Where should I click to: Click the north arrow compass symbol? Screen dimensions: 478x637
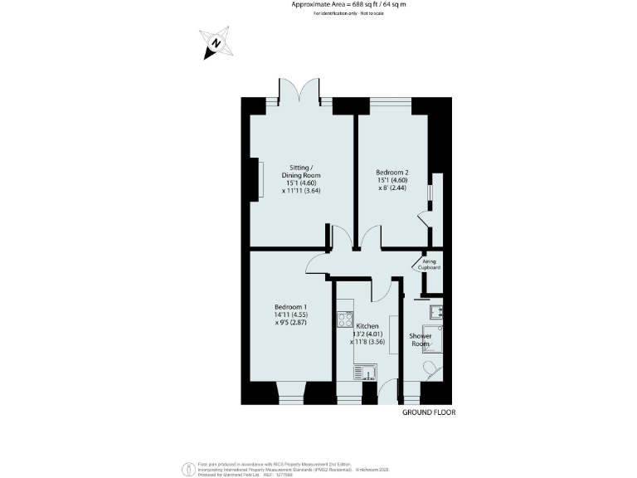(216, 44)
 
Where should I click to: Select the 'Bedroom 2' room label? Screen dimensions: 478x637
(391, 173)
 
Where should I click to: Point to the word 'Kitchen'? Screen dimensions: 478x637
(366, 324)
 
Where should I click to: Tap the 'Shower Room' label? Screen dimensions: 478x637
(420, 339)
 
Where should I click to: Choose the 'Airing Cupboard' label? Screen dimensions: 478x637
(430, 264)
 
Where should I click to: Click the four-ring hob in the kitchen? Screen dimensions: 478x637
(344, 319)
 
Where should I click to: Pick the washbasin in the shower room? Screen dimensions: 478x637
(435, 311)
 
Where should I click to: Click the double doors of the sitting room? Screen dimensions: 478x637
(300, 90)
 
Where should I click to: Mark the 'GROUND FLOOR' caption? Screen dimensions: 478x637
(429, 412)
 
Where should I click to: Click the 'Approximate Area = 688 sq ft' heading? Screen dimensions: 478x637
(348, 5)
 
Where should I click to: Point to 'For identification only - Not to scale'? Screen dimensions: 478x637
(348, 15)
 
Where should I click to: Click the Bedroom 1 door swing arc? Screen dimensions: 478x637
(316, 264)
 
